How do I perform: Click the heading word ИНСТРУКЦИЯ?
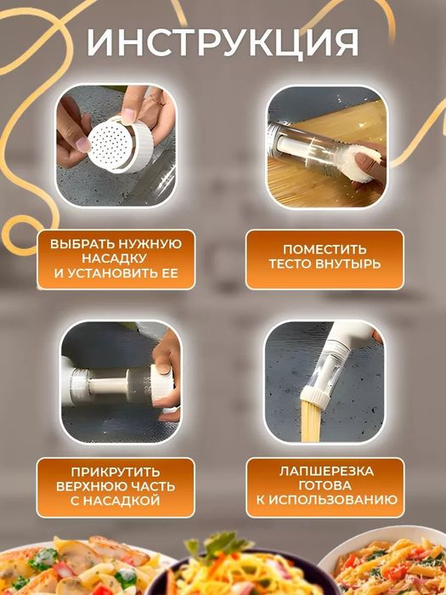pyautogui.click(x=223, y=42)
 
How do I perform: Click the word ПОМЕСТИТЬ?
pyautogui.click(x=325, y=249)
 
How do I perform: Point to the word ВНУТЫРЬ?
pyautogui.click(x=345, y=263)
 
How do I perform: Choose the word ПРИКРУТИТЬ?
pyautogui.click(x=116, y=472)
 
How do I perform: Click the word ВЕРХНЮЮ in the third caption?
pyautogui.click(x=92, y=486)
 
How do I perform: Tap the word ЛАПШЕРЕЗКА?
pyautogui.click(x=326, y=471)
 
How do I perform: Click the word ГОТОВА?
pyautogui.click(x=325, y=485)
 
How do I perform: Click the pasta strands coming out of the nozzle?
pyautogui.click(x=311, y=422)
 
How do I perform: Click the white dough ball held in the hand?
pyautogui.click(x=363, y=163)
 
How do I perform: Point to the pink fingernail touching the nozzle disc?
pyautogui.click(x=82, y=144)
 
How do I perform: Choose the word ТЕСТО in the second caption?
pyautogui.click(x=287, y=263)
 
